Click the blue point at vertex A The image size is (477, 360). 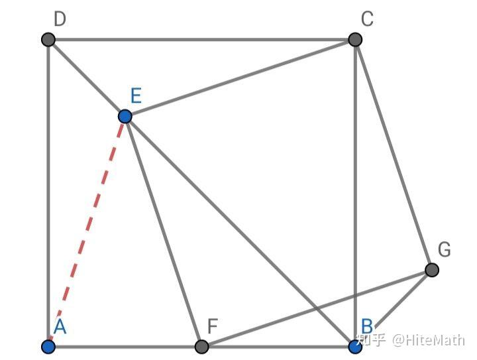(x=48, y=346)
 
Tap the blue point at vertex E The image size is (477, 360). (x=125, y=117)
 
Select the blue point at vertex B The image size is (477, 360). (x=355, y=346)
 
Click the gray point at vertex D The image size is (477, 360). (x=48, y=40)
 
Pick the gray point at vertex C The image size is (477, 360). (x=355, y=40)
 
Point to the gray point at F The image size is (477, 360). (x=202, y=346)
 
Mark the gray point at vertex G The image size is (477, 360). (x=431, y=270)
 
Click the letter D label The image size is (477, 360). (x=60, y=19)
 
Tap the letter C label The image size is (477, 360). (x=367, y=19)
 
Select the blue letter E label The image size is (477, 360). (x=136, y=96)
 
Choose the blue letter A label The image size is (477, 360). (x=60, y=326)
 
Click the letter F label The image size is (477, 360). (x=213, y=326)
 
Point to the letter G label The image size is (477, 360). (x=444, y=249)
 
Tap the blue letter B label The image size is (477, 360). (x=367, y=326)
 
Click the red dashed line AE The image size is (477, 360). (x=86, y=231)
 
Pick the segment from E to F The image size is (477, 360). (x=164, y=231)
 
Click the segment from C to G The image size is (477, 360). (x=394, y=155)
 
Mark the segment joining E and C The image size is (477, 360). (x=240, y=78)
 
